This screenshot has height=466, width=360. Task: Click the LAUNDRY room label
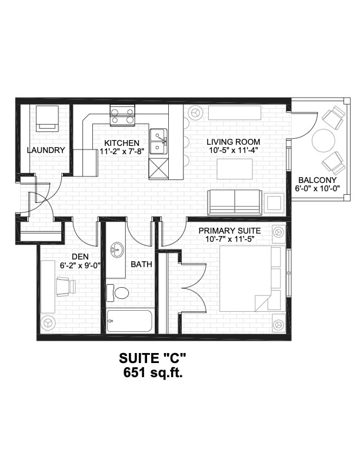coord(46,150)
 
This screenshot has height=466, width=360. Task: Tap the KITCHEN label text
coord(122,143)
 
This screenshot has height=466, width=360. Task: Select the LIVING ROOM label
coord(234,142)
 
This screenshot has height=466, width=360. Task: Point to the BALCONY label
coord(317,180)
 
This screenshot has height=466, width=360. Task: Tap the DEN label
coord(80,257)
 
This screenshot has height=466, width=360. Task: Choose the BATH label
coord(141,265)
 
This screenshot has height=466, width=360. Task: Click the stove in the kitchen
coord(122,115)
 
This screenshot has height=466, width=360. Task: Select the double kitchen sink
coord(158,142)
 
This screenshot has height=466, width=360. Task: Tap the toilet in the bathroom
coord(120,292)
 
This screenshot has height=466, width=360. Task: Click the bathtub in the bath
coord(129,321)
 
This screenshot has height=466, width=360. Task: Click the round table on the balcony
coord(324,141)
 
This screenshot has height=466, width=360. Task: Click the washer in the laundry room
coord(47,118)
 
